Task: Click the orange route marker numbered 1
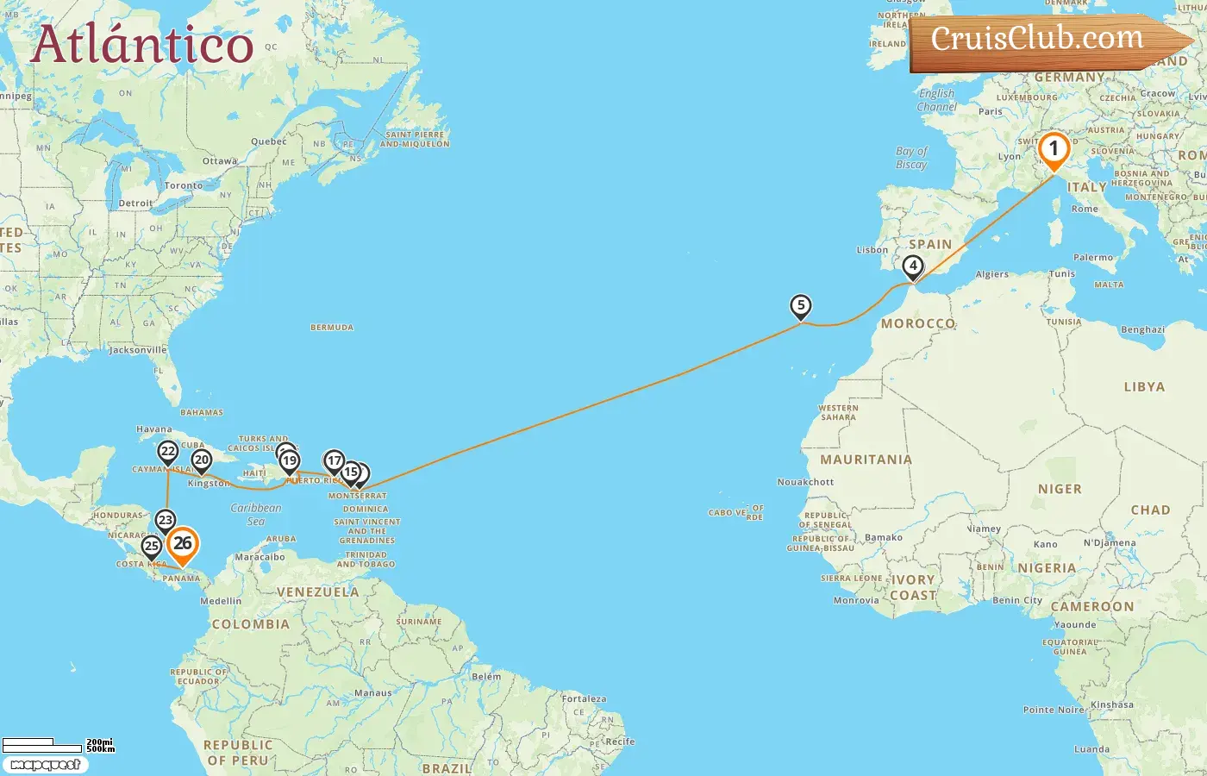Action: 1053,149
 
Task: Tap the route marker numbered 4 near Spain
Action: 912,266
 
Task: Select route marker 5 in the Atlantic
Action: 801,305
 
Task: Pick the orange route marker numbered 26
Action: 182,544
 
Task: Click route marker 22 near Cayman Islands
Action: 168,452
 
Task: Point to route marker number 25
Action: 152,546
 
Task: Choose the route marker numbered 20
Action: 202,460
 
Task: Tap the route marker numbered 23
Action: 166,520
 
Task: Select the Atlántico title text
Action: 142,45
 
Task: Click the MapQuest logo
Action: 46,765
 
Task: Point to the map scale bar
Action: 57,744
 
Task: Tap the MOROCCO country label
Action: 917,323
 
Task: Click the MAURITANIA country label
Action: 866,460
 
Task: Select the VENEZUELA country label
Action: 317,592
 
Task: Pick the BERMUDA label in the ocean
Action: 332,328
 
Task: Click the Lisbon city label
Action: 872,250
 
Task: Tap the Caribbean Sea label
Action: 256,515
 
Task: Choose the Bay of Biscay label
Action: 911,158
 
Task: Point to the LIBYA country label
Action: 1144,387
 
